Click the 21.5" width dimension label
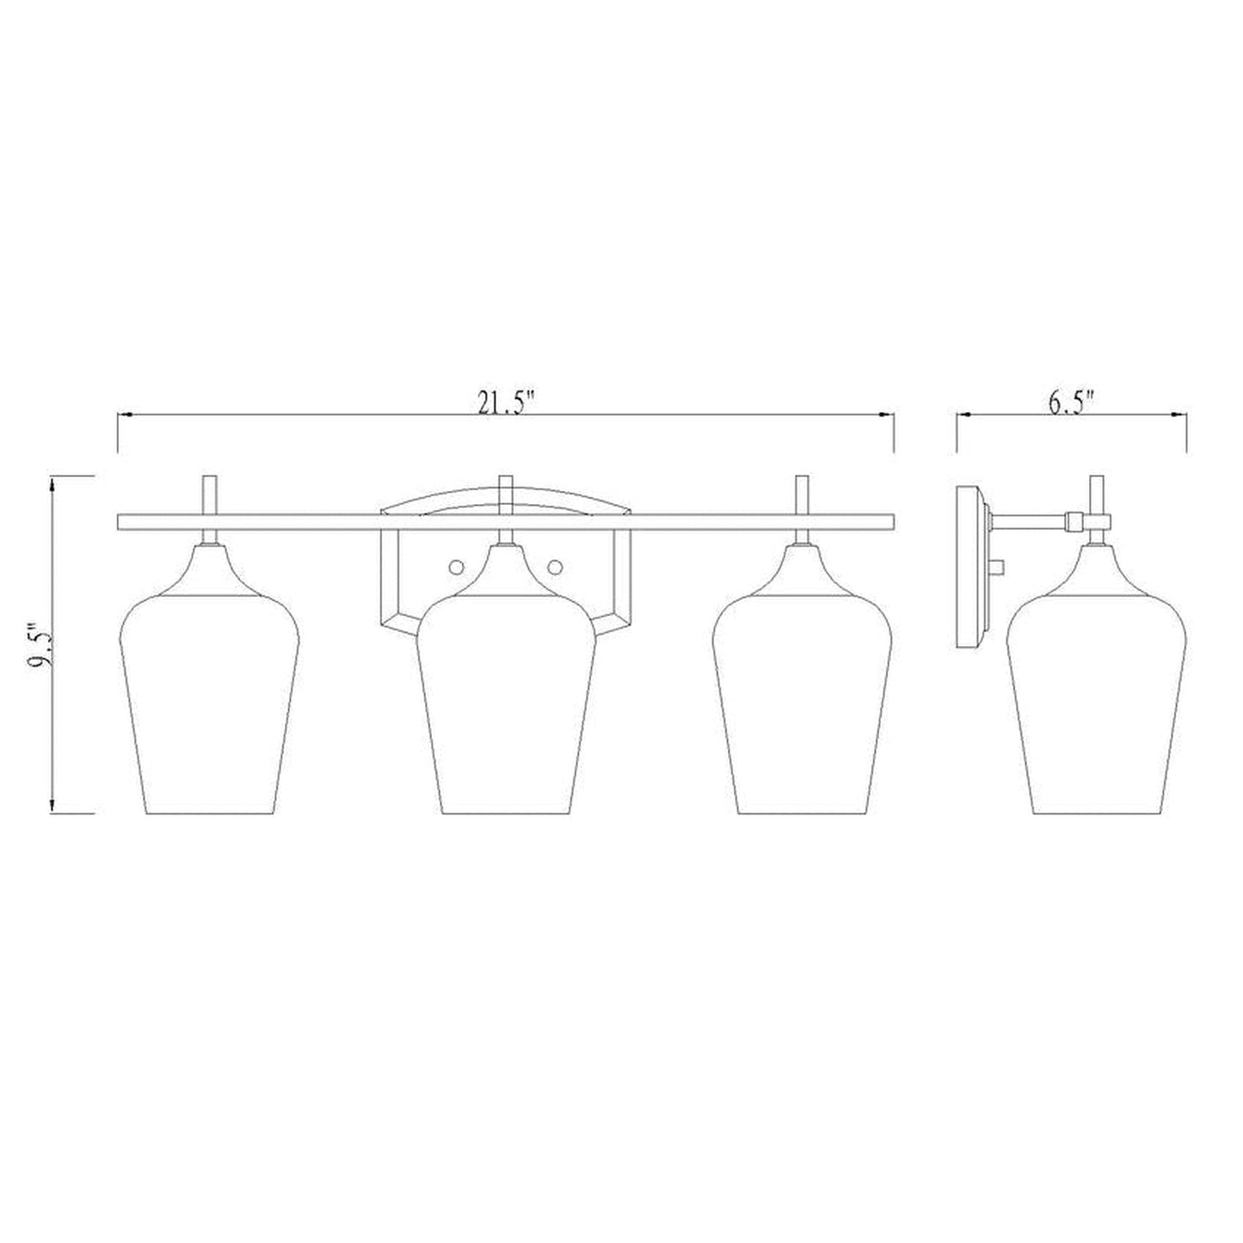[506, 402]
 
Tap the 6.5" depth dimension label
[1071, 402]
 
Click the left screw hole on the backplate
[456, 565]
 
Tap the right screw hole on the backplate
[556, 565]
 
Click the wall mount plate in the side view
[971, 568]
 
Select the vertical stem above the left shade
[208, 495]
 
